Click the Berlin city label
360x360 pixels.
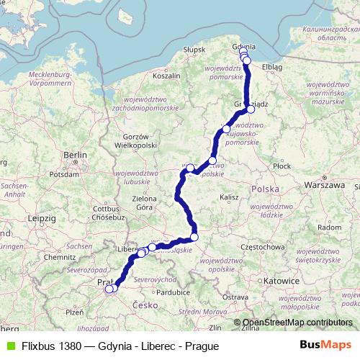point(75,154)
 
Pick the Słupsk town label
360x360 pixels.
point(194,49)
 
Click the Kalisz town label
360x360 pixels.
point(230,197)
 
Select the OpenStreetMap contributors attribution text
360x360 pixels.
point(297,323)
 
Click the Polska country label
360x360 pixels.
point(263,188)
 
